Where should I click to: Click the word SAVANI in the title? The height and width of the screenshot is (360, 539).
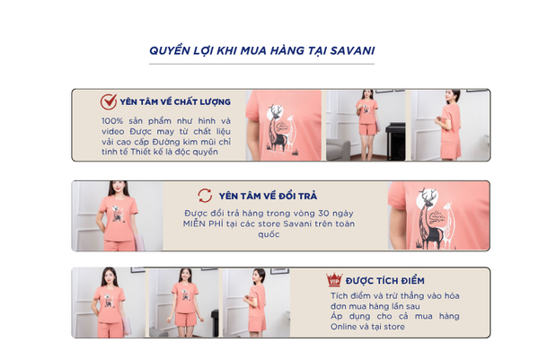click(x=352, y=50)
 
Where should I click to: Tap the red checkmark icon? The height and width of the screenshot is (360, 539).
click(x=109, y=102)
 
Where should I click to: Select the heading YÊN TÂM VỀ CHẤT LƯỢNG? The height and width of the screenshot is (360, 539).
click(x=175, y=101)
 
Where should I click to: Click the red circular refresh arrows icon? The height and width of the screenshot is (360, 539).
click(x=205, y=196)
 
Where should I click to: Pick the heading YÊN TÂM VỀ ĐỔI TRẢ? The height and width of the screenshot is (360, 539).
click(x=268, y=196)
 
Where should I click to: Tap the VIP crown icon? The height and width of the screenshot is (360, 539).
click(x=334, y=279)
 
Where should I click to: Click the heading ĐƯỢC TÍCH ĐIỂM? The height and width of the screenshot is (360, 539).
click(x=385, y=281)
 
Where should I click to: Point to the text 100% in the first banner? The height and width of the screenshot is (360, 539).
click(x=112, y=121)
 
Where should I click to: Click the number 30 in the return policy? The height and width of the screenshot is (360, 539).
click(x=323, y=214)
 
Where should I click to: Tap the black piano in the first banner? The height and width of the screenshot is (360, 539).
click(x=395, y=141)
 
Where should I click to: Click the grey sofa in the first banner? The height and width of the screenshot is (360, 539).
click(x=339, y=150)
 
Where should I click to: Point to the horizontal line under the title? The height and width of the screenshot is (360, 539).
click(x=261, y=64)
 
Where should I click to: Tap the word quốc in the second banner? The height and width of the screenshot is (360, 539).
click(x=269, y=234)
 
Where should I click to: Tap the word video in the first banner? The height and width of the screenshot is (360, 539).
click(x=113, y=131)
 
